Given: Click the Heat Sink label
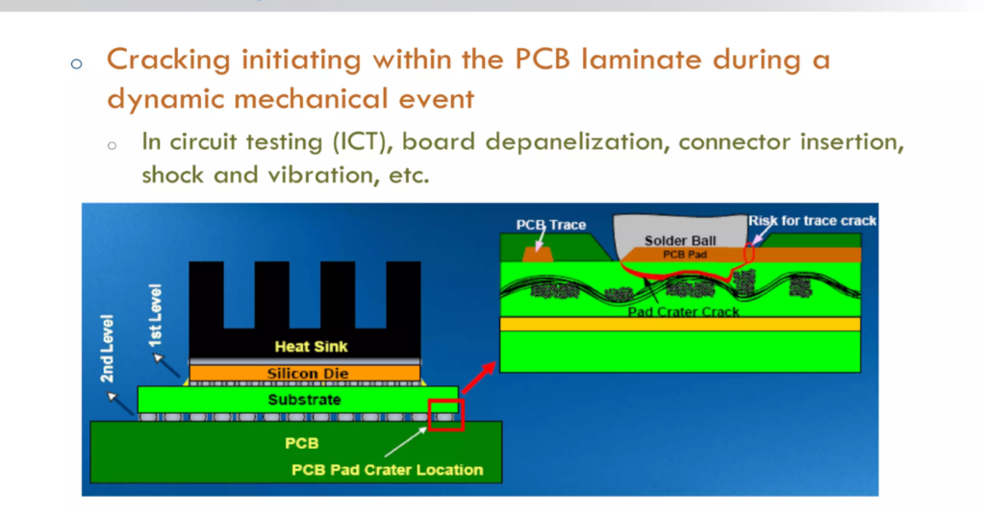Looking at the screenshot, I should (x=311, y=347).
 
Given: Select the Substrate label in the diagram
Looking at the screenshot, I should (x=304, y=399).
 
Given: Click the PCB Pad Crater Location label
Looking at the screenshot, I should (x=387, y=470).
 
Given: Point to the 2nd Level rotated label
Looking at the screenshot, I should (x=108, y=348).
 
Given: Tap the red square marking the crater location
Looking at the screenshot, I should (x=445, y=414).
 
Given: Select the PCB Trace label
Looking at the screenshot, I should (x=550, y=225).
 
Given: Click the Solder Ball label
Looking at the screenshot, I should (x=680, y=240).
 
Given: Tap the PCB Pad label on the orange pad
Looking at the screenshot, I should (x=685, y=255).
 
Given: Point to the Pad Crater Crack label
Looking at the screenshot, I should (x=683, y=311).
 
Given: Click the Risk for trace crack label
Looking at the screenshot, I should (x=813, y=221).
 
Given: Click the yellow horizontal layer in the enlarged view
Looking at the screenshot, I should (x=680, y=324).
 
